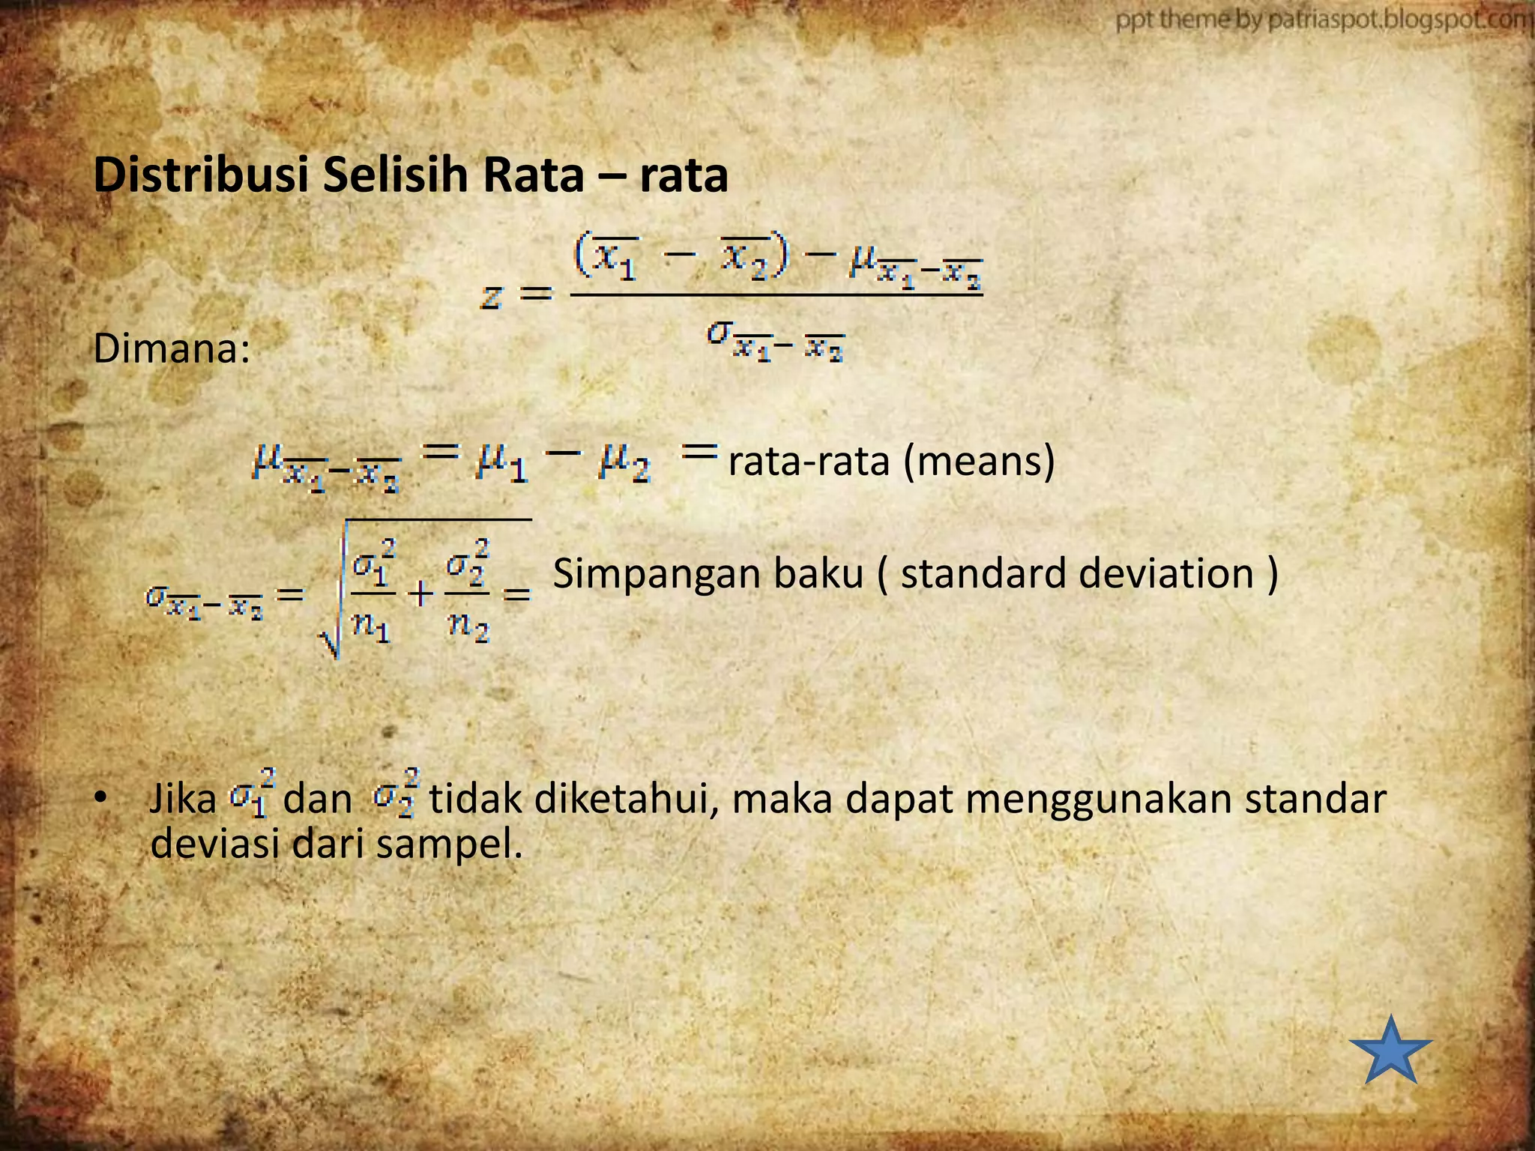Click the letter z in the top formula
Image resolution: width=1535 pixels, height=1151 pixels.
pyautogui.click(x=492, y=297)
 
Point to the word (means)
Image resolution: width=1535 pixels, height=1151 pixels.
pyautogui.click(x=980, y=461)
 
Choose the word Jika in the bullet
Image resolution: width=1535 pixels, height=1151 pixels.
pyautogui.click(x=183, y=799)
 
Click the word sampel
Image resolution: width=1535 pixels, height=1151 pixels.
pyautogui.click(x=448, y=845)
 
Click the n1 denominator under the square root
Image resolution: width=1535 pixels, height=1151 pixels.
pyautogui.click(x=372, y=626)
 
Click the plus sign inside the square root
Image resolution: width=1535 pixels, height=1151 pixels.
pyautogui.click(x=420, y=594)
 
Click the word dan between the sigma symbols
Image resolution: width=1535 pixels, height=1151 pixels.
pyautogui.click(x=318, y=799)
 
